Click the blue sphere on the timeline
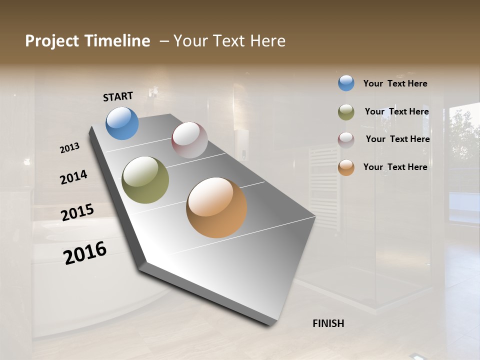pos(122,123)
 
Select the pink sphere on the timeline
pos(189,140)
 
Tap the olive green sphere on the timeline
pos(145,180)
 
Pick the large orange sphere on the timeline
pos(216,207)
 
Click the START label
pos(118,96)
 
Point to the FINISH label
pos(328,323)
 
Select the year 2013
pos(69,148)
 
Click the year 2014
pos(73,177)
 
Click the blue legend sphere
pos(346,83)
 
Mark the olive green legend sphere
pos(346,112)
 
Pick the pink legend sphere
pos(346,139)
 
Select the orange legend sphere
pos(346,167)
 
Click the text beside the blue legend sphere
pos(395,83)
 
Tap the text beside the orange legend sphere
pos(395,167)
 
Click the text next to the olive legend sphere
pos(396,111)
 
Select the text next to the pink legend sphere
pos(397,139)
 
